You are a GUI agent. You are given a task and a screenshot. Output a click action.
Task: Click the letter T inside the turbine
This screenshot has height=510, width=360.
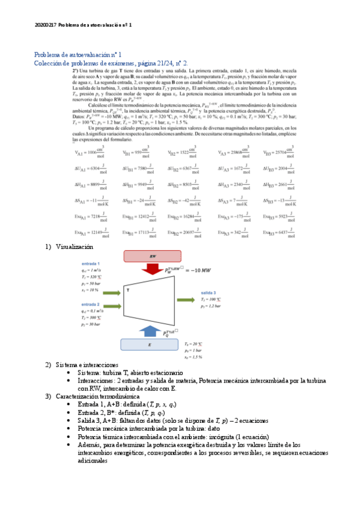(128, 289)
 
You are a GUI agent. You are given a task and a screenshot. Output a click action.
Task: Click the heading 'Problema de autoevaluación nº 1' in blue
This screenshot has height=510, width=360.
(78, 54)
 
